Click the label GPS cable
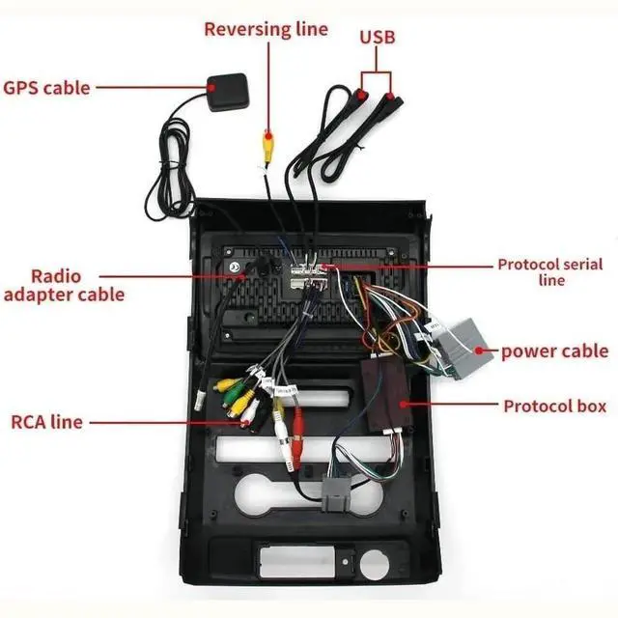click(x=46, y=87)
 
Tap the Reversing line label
click(x=266, y=29)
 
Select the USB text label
click(x=378, y=38)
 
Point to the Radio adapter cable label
click(x=64, y=284)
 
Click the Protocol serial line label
click(x=551, y=270)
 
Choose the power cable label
click(x=554, y=350)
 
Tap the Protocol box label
click(x=555, y=406)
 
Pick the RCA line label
click(x=46, y=421)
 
